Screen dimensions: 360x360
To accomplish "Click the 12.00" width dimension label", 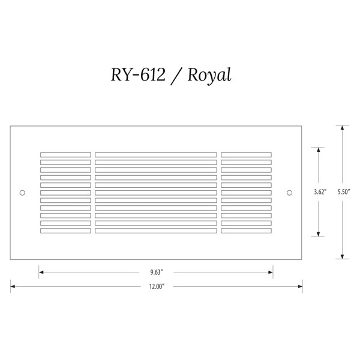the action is pos(157,286).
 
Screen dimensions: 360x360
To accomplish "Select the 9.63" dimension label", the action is pos(157,272).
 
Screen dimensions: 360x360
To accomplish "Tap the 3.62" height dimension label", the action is pos(320,192).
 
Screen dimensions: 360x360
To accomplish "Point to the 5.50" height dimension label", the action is pos(344,192).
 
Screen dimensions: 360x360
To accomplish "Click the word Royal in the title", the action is pos(209,75).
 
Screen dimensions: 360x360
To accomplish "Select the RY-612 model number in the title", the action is pos(138,74).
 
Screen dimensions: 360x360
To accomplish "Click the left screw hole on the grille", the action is pos(22,193).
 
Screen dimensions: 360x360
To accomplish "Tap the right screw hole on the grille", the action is pos(290,193).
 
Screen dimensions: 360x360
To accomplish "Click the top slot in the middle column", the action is pos(156,155).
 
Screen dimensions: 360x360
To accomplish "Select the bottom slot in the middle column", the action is pos(156,231).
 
